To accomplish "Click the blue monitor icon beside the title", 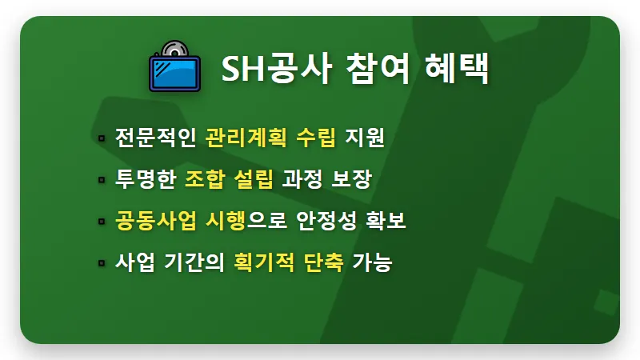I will tap(174, 67).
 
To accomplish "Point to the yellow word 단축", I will tap(324, 262).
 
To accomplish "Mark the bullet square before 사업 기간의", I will tap(102, 262).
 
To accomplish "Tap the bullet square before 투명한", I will tap(102, 179).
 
